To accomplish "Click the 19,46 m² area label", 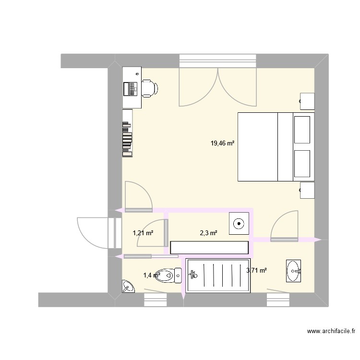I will pyautogui.click(x=222, y=143).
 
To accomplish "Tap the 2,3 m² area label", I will pyautogui.click(x=208, y=233).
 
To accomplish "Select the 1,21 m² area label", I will pyautogui.click(x=143, y=233).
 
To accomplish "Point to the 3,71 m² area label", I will pyautogui.click(x=256, y=271).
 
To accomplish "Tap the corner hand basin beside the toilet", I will pyautogui.click(x=128, y=287).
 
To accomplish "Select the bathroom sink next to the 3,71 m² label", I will pyautogui.click(x=294, y=271).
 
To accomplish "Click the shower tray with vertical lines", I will pyautogui.click(x=218, y=275).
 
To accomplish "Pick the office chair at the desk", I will pyautogui.click(x=149, y=88).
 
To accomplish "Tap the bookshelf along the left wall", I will pyautogui.click(x=127, y=133).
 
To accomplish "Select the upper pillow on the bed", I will pyautogui.click(x=302, y=129).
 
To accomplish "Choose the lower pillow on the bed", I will pyautogui.click(x=302, y=163).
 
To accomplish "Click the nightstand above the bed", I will pyautogui.click(x=307, y=101).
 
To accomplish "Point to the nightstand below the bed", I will pyautogui.click(x=307, y=190).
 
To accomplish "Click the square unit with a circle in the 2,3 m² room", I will pyautogui.click(x=240, y=223).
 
